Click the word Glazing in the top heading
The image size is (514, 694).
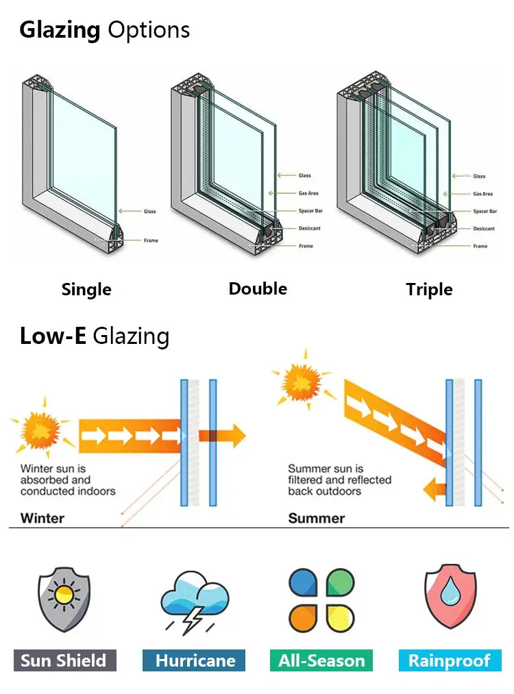coord(60,31)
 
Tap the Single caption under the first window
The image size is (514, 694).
coord(86,290)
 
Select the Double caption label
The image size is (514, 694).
coord(258,288)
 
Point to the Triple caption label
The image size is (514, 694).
coord(429,290)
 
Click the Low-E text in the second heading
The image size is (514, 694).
coord(53,336)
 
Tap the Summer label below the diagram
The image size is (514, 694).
coord(316,517)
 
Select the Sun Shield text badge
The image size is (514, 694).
coord(64,660)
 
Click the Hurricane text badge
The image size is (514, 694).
coord(195,660)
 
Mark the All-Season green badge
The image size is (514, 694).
coord(321,660)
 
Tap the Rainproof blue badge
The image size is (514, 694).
coord(450,660)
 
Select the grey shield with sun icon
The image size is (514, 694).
coord(64,598)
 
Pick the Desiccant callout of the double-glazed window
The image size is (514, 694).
coord(310,228)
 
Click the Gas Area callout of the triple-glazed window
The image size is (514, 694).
coord(482,194)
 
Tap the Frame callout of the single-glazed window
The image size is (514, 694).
coord(150,240)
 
